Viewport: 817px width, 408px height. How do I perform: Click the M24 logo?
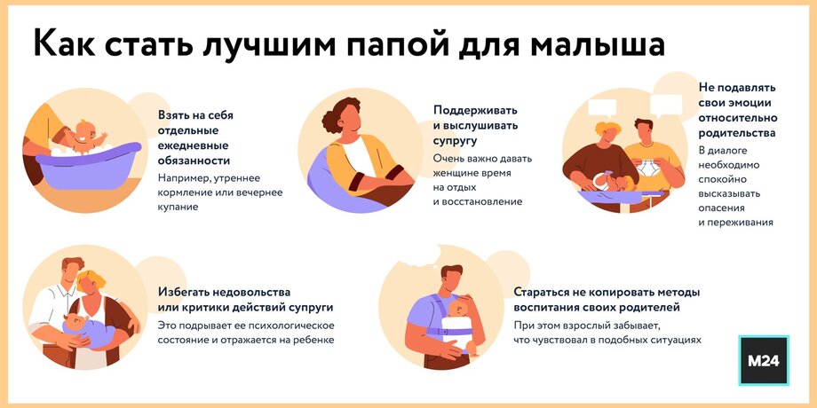pyautogui.click(x=764, y=361)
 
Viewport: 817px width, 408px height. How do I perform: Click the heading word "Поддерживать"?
pyautogui.click(x=476, y=111)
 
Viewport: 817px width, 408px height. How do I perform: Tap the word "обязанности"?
pyautogui.click(x=194, y=161)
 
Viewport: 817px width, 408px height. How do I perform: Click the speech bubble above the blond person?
pyautogui.click(x=602, y=107)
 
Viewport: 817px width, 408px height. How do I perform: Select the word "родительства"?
pyautogui.click(x=737, y=133)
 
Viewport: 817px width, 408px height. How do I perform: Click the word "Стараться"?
pyautogui.click(x=541, y=292)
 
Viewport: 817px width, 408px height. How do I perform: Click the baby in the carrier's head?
pyautogui.click(x=459, y=308)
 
